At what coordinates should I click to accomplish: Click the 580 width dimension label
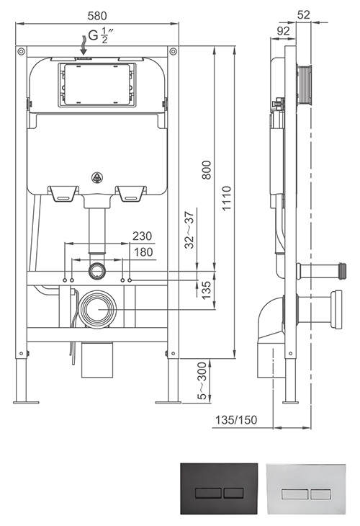pyautogui.click(x=97, y=16)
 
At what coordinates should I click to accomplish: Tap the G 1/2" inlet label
pyautogui.click(x=101, y=35)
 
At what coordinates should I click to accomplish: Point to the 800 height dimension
pyautogui.click(x=207, y=170)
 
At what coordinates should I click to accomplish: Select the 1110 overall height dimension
pyautogui.click(x=227, y=198)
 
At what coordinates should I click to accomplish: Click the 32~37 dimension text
pyautogui.click(x=190, y=230)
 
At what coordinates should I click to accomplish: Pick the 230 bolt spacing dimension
pyautogui.click(x=142, y=236)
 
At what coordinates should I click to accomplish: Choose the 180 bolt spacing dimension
pyautogui.click(x=143, y=252)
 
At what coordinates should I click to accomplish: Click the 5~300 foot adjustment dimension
pyautogui.click(x=202, y=381)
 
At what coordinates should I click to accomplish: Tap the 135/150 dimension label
pyautogui.click(x=236, y=419)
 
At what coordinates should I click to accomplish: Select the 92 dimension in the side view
pyautogui.click(x=284, y=31)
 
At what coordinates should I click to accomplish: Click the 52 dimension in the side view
pyautogui.click(x=304, y=15)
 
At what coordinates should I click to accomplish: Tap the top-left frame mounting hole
pyautogui.click(x=21, y=51)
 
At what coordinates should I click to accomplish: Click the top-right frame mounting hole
pyautogui.click(x=173, y=51)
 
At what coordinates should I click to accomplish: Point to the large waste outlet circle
pyautogui.click(x=98, y=309)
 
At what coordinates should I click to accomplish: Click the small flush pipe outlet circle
pyautogui.click(x=97, y=270)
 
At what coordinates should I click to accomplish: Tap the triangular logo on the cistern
pyautogui.click(x=97, y=178)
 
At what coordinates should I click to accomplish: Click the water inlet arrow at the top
pyautogui.click(x=83, y=44)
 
